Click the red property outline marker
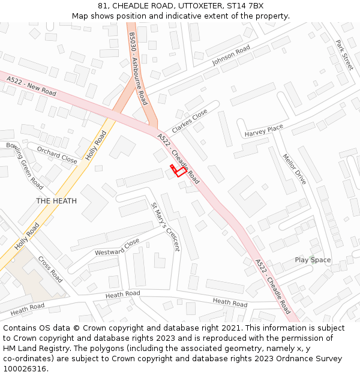point(178,170)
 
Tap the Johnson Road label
point(230,55)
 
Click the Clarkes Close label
point(190,121)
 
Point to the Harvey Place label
point(263,130)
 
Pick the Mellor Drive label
point(294,170)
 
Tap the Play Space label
point(313,260)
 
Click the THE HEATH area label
point(56,201)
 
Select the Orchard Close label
point(57,155)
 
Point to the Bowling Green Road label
point(25,166)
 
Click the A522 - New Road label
point(31,86)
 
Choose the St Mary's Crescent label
point(165,227)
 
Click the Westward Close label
point(117,247)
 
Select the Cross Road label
point(50,269)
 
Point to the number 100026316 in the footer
point(25,369)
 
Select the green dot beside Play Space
point(312,256)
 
